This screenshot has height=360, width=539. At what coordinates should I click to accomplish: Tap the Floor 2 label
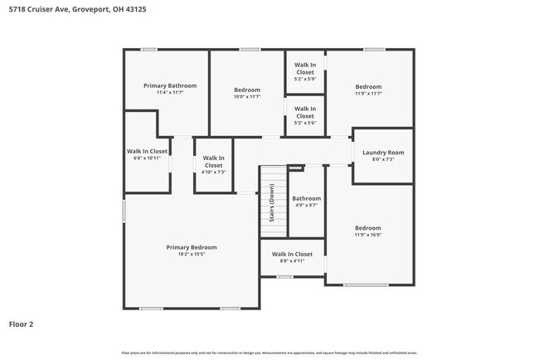click(x=22, y=324)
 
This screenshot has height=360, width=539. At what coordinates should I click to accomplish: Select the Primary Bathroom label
click(x=169, y=85)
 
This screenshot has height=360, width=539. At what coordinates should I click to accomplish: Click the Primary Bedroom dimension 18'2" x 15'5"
click(x=192, y=255)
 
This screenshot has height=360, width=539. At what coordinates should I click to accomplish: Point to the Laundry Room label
click(x=383, y=152)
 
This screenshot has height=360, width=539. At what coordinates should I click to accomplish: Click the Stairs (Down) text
click(x=272, y=203)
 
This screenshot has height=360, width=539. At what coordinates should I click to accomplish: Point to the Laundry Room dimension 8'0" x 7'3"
click(x=383, y=159)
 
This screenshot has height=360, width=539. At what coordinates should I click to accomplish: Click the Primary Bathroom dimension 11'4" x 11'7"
click(x=169, y=92)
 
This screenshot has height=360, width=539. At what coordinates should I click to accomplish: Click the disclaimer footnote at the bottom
click(x=269, y=353)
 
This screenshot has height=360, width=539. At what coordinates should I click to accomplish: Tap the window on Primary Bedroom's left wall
click(x=124, y=211)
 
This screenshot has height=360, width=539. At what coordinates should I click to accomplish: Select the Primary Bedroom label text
click(x=192, y=247)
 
